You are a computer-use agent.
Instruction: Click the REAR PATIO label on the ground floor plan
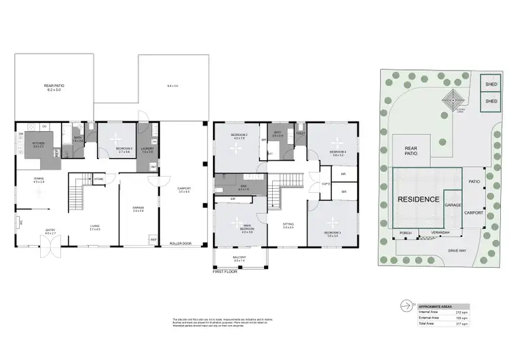coord(53,85)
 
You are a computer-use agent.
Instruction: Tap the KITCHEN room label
coord(38,143)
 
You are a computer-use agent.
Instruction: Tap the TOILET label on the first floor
coord(300,134)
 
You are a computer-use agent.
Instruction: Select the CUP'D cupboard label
coord(325,183)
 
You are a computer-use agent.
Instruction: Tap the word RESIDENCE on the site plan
coord(417,200)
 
